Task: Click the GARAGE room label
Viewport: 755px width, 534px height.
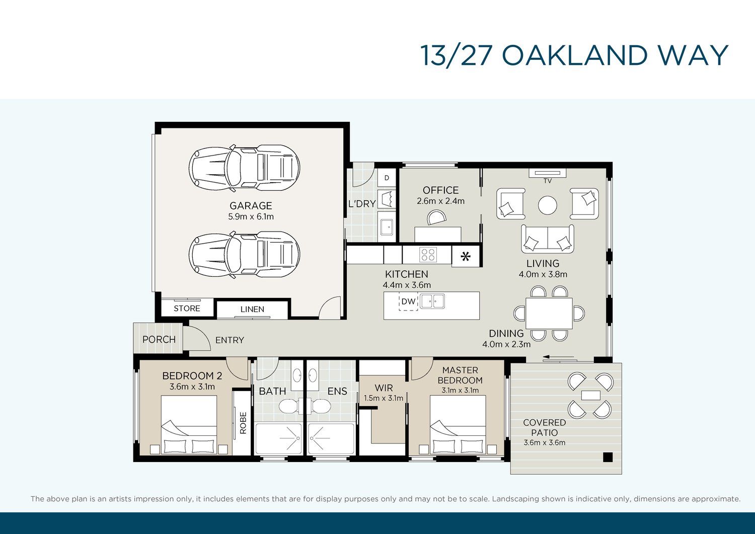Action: tap(251, 206)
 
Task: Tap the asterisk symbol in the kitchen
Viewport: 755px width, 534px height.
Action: tap(466, 257)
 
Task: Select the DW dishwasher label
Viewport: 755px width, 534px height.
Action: tap(409, 301)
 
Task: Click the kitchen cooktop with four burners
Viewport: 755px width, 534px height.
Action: tap(428, 255)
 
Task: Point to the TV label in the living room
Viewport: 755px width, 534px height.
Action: tap(548, 181)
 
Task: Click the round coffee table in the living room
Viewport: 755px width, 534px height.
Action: tap(548, 205)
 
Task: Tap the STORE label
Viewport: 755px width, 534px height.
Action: tap(187, 309)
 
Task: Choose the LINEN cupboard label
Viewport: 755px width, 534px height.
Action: tap(253, 309)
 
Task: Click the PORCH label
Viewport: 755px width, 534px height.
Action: tap(159, 340)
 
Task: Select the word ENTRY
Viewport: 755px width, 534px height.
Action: tap(230, 340)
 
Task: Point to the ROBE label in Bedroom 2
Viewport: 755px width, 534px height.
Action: tap(243, 423)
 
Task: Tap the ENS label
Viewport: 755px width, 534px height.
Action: tap(337, 391)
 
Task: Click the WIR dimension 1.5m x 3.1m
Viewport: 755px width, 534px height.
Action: tap(384, 398)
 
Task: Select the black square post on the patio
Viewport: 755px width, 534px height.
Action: tap(608, 457)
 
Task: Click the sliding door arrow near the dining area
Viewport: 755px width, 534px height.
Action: tap(558, 357)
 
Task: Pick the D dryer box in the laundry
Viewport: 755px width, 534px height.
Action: tap(387, 178)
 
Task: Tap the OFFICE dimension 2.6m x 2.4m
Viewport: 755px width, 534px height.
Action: tap(440, 201)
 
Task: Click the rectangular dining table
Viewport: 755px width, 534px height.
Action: tap(549, 313)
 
